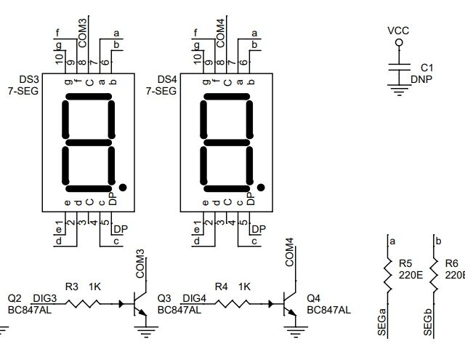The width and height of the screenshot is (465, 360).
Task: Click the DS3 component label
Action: point(29,79)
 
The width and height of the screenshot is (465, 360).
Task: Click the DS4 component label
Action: point(167,79)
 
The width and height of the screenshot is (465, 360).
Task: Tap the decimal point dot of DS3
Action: point(123,187)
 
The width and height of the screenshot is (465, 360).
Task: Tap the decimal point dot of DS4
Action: point(261,187)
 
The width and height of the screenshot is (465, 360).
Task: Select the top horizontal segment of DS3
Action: point(89,97)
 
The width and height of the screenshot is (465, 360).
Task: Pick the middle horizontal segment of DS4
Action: point(227,143)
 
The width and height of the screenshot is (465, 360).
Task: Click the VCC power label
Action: point(398,31)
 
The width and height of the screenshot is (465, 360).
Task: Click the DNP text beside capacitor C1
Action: point(421,79)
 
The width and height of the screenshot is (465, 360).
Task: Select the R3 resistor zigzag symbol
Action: point(82,303)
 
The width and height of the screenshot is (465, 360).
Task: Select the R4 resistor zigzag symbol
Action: point(232,303)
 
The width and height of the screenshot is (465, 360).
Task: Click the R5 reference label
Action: point(405,263)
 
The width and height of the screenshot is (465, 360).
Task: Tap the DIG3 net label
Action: point(44,298)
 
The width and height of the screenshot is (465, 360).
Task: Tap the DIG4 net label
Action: point(194,298)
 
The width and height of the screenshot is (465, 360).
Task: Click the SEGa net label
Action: point(382,322)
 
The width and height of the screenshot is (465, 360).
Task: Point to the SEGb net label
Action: point(428,322)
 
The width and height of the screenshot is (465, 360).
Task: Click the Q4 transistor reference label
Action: point(313,298)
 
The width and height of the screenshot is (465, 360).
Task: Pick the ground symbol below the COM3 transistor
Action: point(146,332)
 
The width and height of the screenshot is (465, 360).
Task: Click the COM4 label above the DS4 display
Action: point(221,33)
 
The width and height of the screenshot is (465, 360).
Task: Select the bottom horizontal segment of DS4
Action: point(227,189)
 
